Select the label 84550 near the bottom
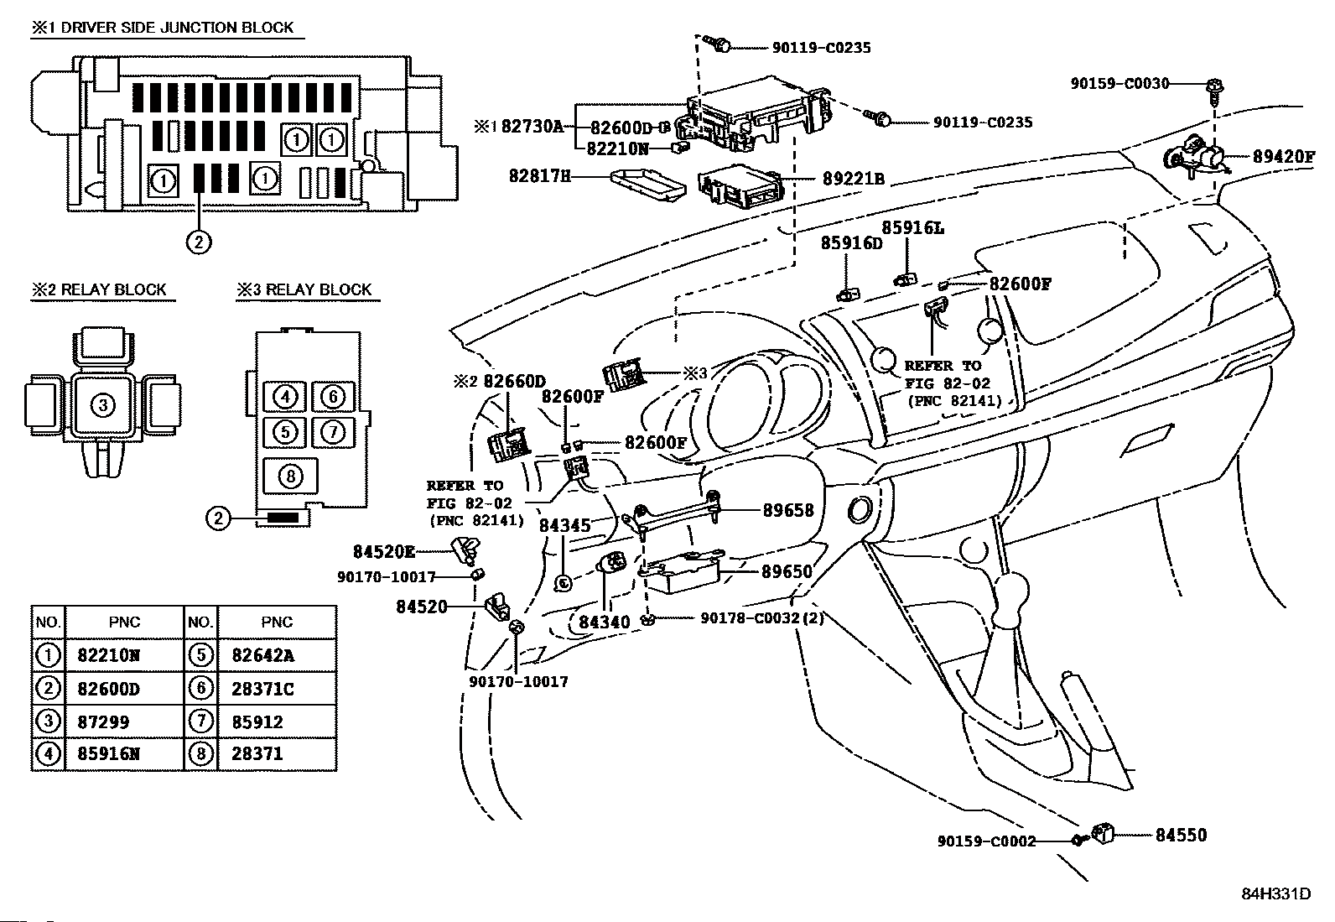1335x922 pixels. tap(1181, 835)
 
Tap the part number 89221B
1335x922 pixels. tap(853, 180)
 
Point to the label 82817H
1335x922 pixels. tap(539, 176)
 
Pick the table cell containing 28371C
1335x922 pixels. tap(263, 689)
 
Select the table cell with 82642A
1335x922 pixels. tap(263, 656)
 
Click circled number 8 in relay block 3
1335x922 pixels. tap(289, 477)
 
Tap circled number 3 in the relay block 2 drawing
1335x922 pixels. tap(102, 406)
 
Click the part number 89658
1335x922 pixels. tap(787, 509)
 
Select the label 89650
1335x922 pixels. tap(787, 571)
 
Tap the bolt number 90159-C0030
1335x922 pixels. tap(1119, 83)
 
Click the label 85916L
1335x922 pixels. tap(912, 228)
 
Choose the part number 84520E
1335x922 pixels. tap(384, 551)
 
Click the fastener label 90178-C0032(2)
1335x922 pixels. tap(762, 618)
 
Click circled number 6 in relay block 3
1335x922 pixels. tap(333, 397)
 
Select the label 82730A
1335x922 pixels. tap(532, 127)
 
